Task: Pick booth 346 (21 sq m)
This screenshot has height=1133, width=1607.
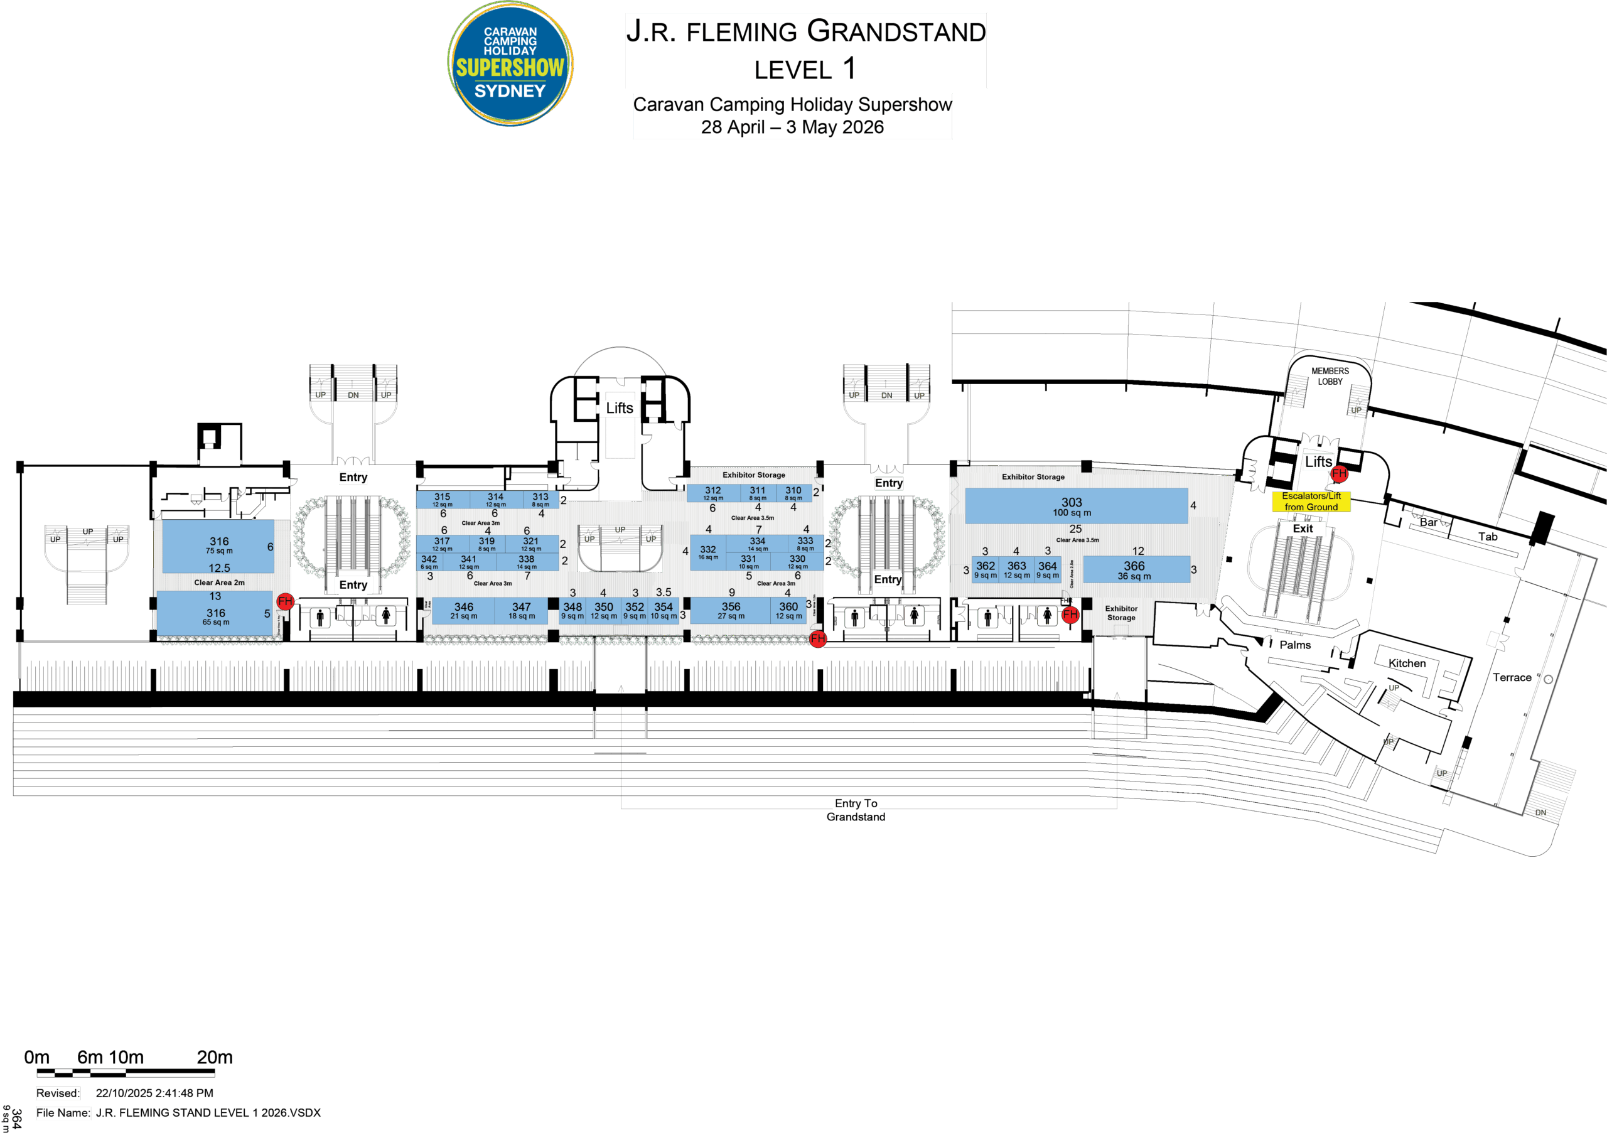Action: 463,610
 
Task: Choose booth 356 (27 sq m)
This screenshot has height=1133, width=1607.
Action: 731,610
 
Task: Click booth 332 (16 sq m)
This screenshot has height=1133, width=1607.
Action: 707,552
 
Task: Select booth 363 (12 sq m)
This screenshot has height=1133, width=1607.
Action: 1016,569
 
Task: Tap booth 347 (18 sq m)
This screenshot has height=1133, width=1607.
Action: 522,610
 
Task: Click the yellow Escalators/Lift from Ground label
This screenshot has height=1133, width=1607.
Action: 1310,501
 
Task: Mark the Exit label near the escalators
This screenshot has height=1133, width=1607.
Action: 1303,529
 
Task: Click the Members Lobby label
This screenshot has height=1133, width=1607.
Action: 1330,376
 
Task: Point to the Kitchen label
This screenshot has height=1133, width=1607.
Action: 1407,663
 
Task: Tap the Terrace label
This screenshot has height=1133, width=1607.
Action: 1511,677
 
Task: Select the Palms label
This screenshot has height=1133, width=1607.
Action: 1295,645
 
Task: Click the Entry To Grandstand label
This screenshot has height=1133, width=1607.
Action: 856,810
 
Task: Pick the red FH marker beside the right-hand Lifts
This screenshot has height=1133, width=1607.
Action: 1339,474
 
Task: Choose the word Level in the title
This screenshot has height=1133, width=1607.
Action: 793,70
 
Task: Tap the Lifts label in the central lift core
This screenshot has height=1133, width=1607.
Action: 620,408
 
